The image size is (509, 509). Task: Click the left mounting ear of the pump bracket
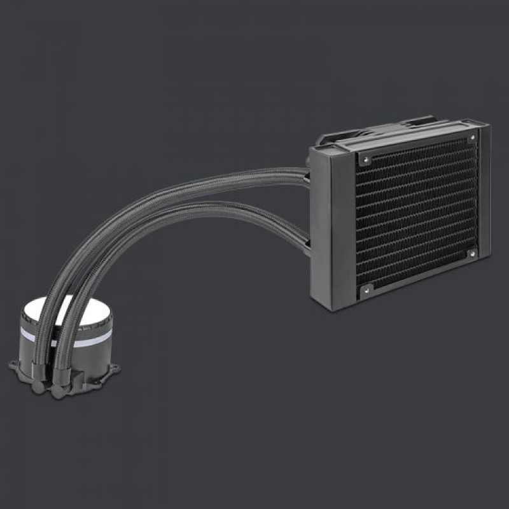15,366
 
